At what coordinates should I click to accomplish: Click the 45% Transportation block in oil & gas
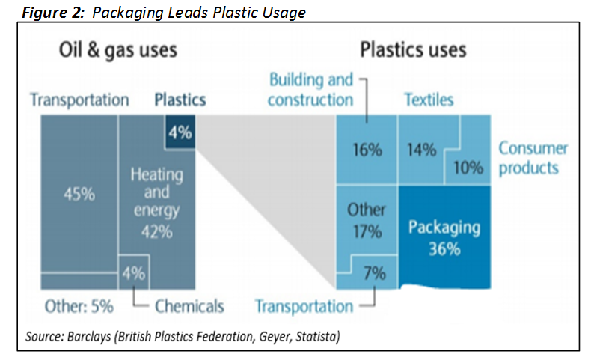[79, 195]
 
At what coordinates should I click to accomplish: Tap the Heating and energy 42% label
[157, 203]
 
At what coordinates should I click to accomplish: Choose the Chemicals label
[189, 305]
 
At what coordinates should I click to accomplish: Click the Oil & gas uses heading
[118, 50]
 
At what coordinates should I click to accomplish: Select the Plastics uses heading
[413, 50]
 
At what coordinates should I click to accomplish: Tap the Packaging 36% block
[444, 237]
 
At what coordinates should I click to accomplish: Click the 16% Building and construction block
[367, 150]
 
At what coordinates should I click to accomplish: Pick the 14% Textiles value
[421, 150]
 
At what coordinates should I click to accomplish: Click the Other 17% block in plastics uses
[367, 221]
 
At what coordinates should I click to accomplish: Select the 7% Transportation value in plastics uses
[373, 274]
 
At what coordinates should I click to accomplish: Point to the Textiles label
[429, 100]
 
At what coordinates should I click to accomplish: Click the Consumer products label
[533, 157]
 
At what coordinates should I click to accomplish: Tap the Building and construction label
[310, 90]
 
